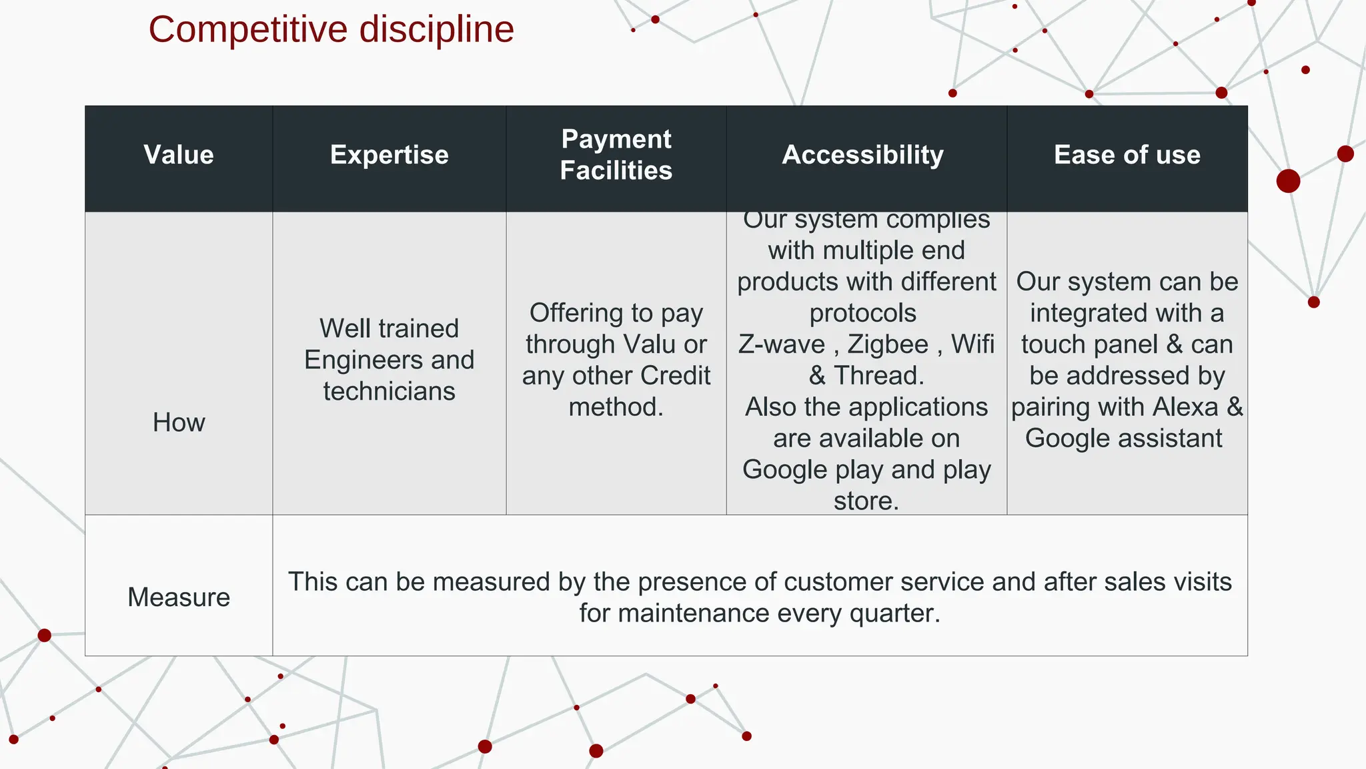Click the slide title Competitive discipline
(331, 30)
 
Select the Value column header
(179, 155)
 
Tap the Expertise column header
(390, 155)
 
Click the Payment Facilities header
(616, 155)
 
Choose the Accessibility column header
(863, 155)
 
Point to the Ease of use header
(1127, 155)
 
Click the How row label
(179, 423)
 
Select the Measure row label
(179, 597)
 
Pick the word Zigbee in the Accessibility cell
(888, 344)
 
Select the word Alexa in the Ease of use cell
(1185, 407)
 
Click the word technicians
(390, 392)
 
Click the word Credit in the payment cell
(676, 376)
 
